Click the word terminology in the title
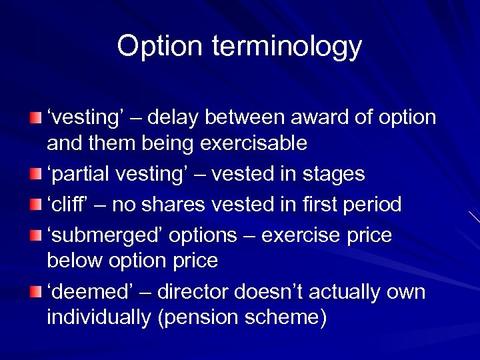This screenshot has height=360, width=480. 287,47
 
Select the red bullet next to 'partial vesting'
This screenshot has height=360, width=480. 35,175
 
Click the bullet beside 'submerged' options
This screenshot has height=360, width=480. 35,235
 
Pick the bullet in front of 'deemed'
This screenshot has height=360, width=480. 35,292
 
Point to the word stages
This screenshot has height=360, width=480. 334,175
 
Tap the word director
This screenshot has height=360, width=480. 193,292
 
